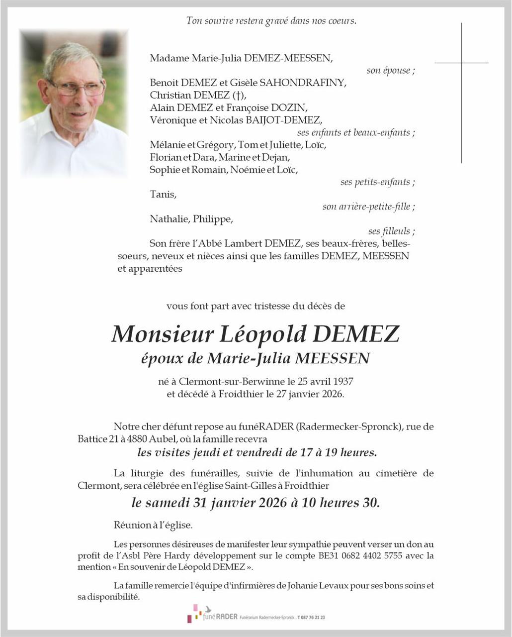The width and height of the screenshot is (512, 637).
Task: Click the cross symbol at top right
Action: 461,63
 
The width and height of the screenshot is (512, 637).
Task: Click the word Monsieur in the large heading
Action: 162,334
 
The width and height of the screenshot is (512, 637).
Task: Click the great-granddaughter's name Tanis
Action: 163,194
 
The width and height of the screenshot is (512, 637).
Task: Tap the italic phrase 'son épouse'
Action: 388,71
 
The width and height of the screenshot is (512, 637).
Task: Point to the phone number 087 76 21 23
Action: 311,617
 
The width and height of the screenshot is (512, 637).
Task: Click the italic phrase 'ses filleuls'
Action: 389,231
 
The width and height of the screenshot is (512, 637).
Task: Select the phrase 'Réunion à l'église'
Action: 153,525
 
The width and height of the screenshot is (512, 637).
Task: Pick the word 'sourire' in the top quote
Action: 220,21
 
